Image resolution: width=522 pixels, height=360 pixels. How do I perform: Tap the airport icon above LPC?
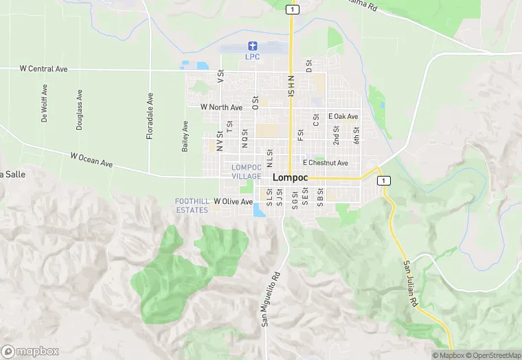coord(252,46)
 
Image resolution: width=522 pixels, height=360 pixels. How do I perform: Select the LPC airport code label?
coord(252,56)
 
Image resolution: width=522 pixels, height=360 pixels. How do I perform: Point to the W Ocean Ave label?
coord(91,160)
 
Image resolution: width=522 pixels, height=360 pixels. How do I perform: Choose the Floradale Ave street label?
coord(150,117)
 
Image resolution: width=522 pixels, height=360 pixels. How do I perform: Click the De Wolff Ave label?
coord(45,103)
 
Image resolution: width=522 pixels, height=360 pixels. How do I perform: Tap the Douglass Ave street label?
coord(80,110)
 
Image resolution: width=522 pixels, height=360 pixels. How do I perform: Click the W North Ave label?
coord(221,107)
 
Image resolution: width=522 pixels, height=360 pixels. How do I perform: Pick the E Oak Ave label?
coord(343,117)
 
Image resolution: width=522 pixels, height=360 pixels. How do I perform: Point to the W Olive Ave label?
coord(233,201)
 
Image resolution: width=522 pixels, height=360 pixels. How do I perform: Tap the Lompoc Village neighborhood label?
coord(246,172)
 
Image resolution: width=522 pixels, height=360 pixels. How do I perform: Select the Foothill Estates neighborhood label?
coord(192,205)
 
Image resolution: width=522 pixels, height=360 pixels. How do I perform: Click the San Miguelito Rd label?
coord(271,298)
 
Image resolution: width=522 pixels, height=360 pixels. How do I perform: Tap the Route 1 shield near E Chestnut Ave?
coord(383,180)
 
